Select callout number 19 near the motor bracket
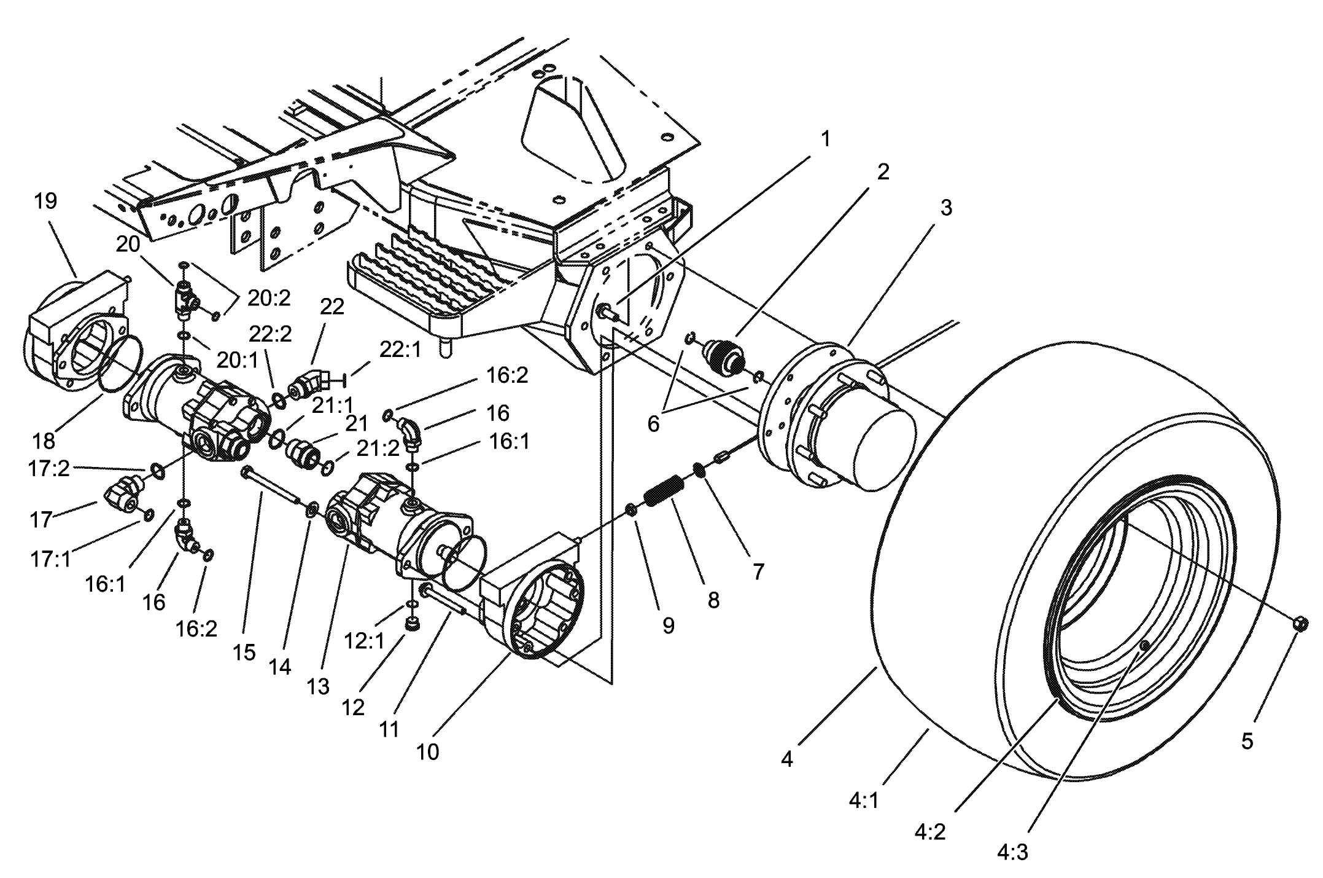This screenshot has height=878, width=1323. point(46,202)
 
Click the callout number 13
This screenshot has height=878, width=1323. point(318,686)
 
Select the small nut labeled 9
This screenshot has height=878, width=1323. point(630,509)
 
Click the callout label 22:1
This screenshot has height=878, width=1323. point(401,350)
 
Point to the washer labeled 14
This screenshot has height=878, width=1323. point(312,509)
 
